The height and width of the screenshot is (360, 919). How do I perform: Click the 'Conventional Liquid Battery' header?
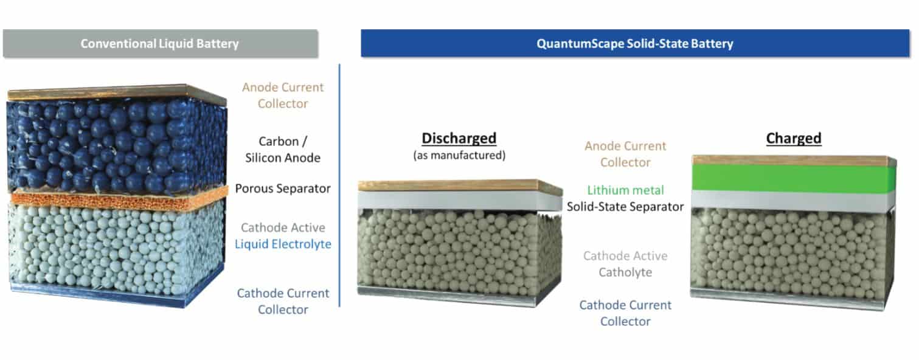[159, 44]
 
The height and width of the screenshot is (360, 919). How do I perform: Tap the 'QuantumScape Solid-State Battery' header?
[634, 44]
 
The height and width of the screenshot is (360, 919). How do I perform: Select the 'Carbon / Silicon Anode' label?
[283, 150]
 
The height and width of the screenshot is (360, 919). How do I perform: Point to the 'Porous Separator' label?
[283, 189]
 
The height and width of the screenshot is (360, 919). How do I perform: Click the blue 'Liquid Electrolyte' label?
[283, 244]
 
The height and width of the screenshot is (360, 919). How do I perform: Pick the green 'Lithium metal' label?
[625, 190]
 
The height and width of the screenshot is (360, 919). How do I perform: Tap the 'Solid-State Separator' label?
[625, 207]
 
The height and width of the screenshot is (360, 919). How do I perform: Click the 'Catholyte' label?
[625, 272]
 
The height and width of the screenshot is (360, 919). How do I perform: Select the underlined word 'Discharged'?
[459, 138]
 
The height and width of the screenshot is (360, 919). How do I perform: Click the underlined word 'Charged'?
[793, 138]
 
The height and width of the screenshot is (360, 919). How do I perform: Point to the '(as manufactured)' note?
[459, 156]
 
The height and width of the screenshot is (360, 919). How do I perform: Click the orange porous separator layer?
[109, 199]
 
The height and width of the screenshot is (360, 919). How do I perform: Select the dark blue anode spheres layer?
[109, 143]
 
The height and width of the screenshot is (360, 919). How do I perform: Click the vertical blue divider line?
[339, 182]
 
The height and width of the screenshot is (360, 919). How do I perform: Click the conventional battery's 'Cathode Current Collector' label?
[283, 301]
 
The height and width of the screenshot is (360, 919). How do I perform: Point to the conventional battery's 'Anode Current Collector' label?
[283, 95]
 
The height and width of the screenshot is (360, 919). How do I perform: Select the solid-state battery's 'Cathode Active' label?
[625, 256]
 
